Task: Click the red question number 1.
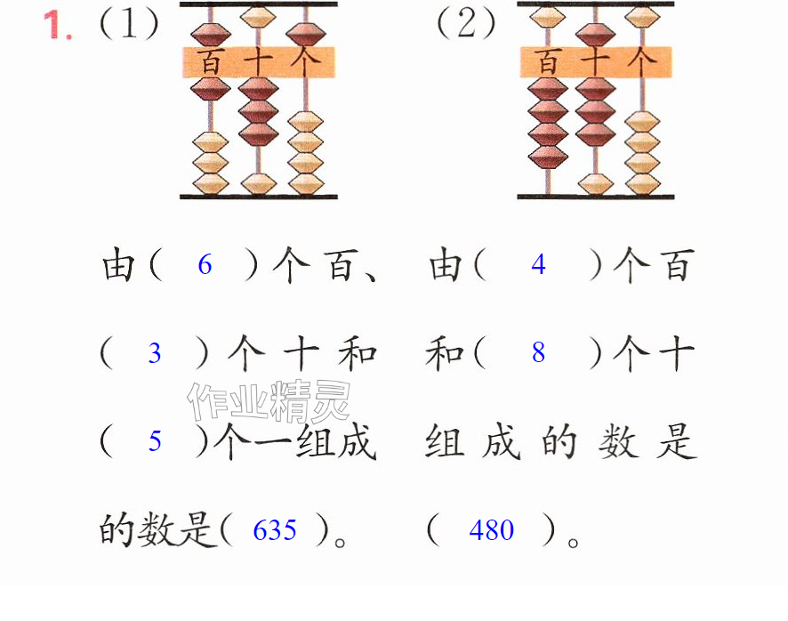click(58, 25)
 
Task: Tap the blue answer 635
click(275, 530)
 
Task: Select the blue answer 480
click(492, 530)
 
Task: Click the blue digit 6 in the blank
click(205, 264)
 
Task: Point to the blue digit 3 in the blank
click(155, 353)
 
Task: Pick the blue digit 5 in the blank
click(155, 441)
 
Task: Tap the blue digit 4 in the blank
click(538, 264)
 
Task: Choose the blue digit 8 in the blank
click(538, 352)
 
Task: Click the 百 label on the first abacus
click(210, 62)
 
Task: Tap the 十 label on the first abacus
click(258, 62)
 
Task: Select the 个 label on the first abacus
click(304, 62)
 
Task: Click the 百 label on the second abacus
click(547, 62)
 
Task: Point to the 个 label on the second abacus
click(642, 62)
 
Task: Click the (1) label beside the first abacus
click(129, 24)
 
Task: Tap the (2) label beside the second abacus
click(466, 24)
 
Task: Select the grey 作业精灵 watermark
click(269, 401)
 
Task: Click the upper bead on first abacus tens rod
click(258, 17)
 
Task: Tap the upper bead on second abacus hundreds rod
click(547, 17)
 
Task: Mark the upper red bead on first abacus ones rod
click(306, 35)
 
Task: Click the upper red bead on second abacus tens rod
click(595, 35)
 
